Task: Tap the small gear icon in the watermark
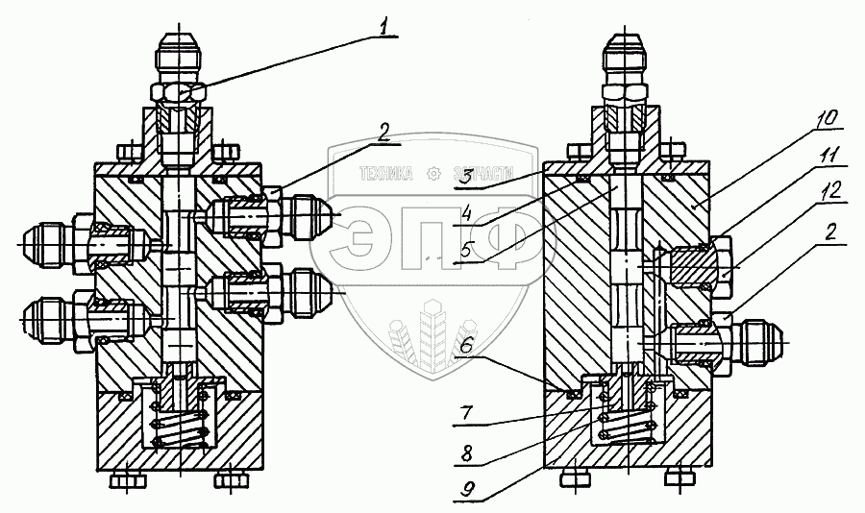[432, 174]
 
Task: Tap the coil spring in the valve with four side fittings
[179, 427]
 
